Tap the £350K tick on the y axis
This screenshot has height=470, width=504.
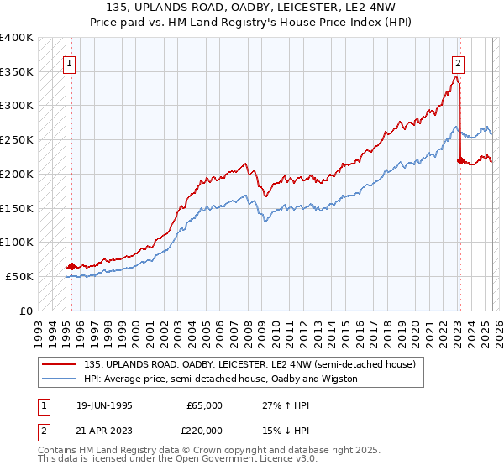[x=17, y=72]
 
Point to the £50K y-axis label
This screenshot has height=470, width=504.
[x=19, y=276]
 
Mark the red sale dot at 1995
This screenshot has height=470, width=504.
[x=71, y=266]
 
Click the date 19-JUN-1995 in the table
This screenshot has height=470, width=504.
[x=104, y=405]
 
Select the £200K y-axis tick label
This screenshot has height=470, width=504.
[x=17, y=174]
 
